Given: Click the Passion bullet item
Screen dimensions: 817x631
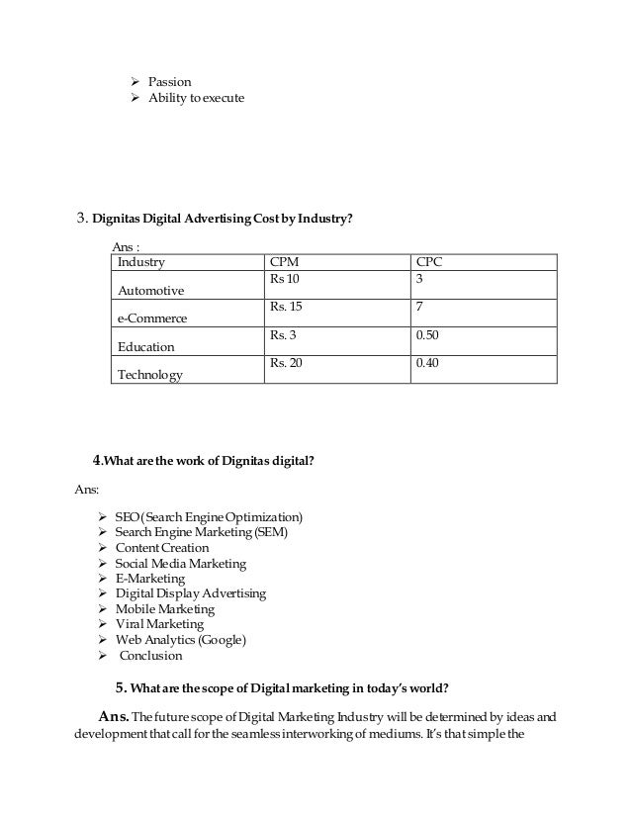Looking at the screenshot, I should pos(170,81).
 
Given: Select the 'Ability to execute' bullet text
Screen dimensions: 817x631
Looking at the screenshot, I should pos(196,98).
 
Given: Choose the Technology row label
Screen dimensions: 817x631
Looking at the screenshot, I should pos(150,375).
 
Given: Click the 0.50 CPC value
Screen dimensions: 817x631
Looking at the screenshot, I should pos(428,337).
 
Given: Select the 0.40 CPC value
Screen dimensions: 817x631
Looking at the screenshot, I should pos(428,365).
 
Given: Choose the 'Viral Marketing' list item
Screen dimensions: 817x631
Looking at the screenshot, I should pos(159,624).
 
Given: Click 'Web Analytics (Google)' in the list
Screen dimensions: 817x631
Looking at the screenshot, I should pos(180,640).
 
